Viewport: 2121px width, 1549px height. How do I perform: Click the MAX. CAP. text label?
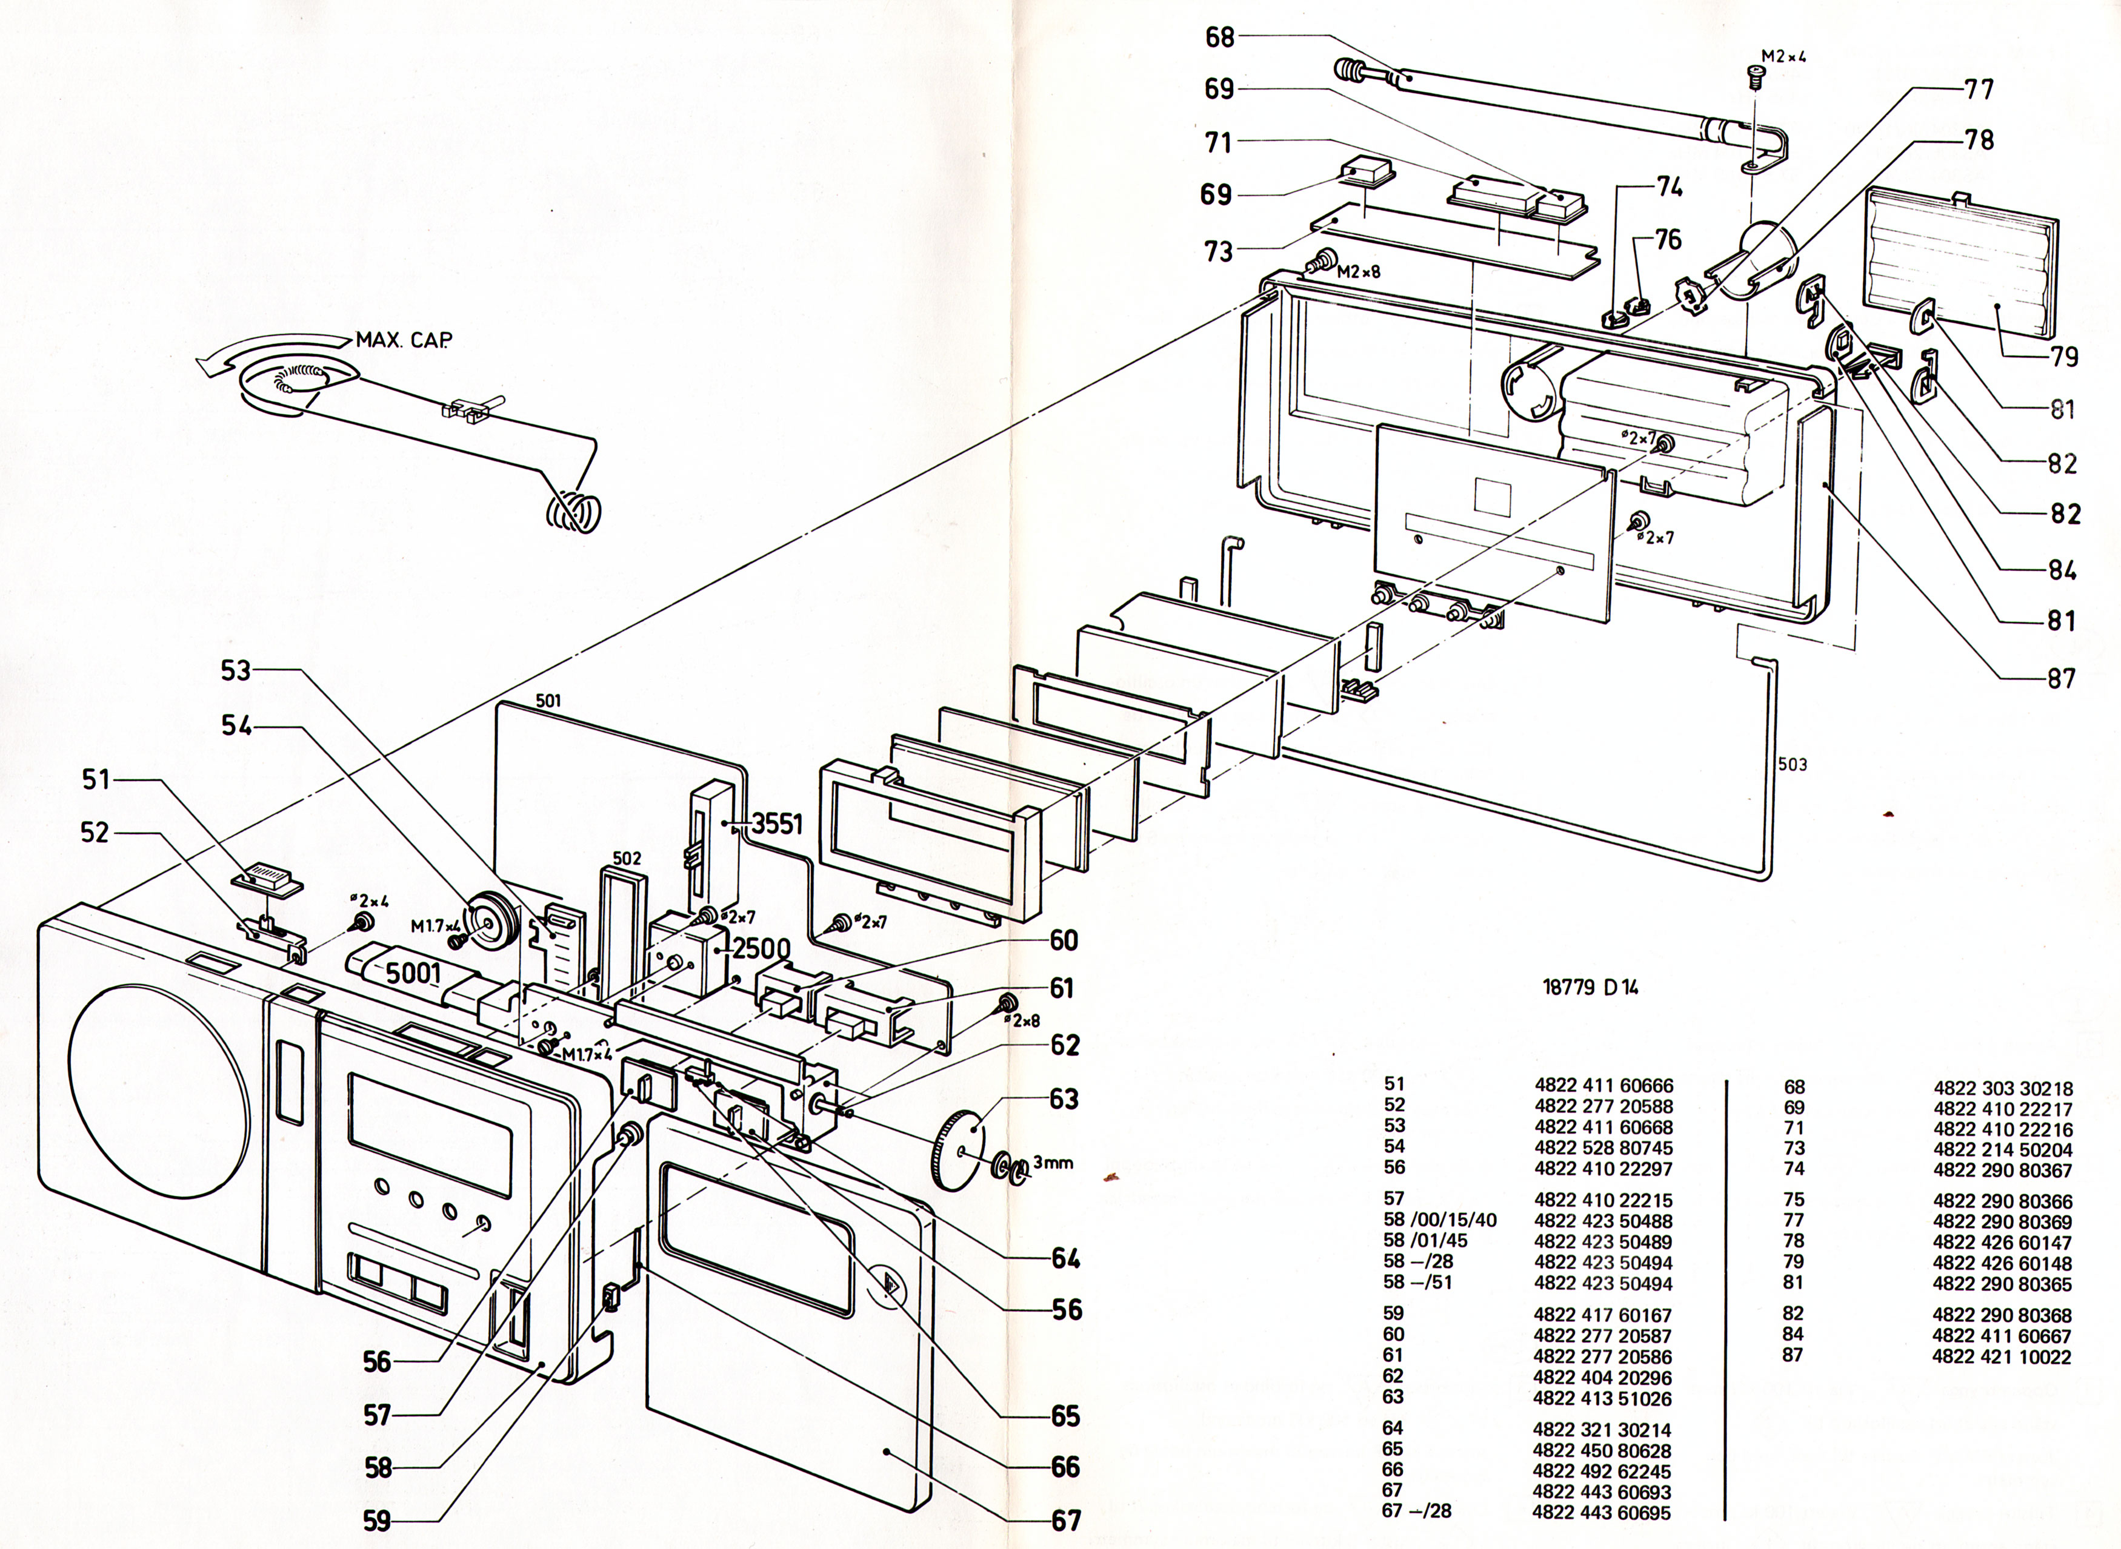tap(404, 340)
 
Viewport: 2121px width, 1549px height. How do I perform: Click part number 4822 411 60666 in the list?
tap(1603, 1086)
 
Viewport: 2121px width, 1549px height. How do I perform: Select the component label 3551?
tap(777, 824)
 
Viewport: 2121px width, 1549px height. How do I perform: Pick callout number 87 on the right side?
tap(2061, 678)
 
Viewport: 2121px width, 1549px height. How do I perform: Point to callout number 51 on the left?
tap(96, 779)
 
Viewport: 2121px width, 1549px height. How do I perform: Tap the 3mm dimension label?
tap(1053, 1163)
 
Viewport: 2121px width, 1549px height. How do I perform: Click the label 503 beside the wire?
tap(1792, 764)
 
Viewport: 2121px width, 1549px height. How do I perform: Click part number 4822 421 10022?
tap(2002, 1357)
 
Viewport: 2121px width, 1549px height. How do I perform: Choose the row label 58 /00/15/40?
tap(1440, 1220)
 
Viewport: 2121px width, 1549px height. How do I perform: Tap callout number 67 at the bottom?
tap(1066, 1520)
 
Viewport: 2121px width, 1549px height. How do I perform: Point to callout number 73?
tap(1219, 251)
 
